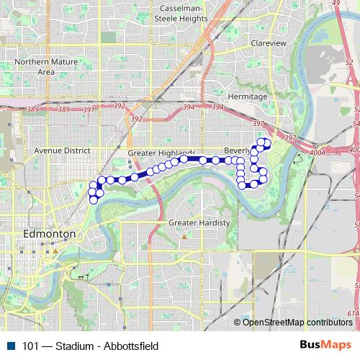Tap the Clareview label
pyautogui.click(x=269, y=43)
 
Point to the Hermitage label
pyautogui.click(x=247, y=96)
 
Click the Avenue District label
pyautogui.click(x=60, y=151)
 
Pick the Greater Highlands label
pyautogui.click(x=161, y=153)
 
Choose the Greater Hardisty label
pyautogui.click(x=199, y=223)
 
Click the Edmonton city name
pyautogui.click(x=50, y=235)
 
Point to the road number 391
pyautogui.click(x=89, y=109)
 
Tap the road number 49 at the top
pyautogui.click(x=356, y=4)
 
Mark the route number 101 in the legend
pyautogui.click(x=31, y=346)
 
